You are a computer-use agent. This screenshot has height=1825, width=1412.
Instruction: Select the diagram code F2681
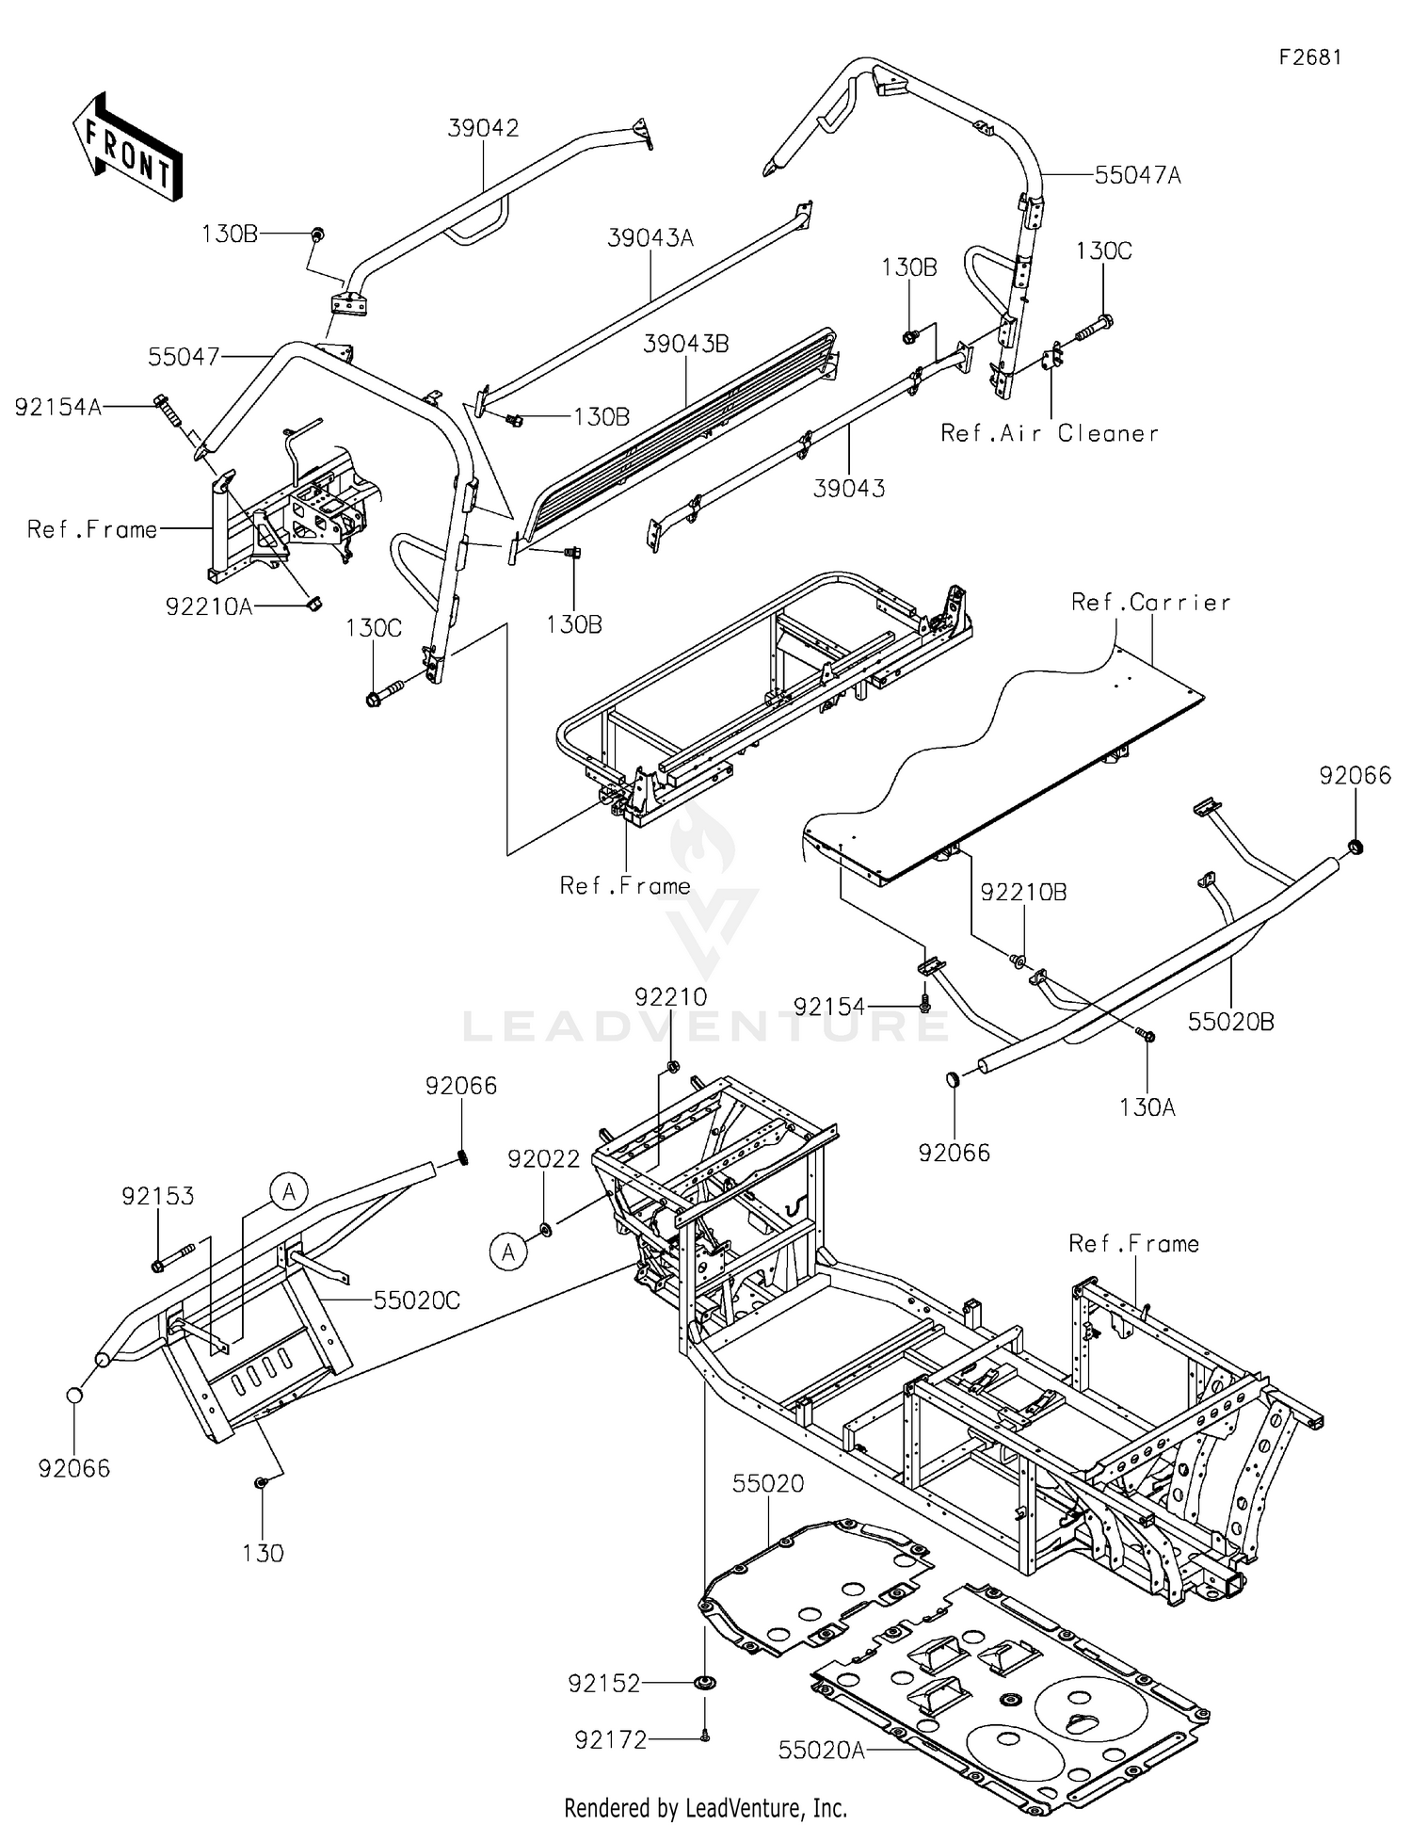tap(1309, 57)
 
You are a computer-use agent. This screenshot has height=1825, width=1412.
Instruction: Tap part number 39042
tap(483, 128)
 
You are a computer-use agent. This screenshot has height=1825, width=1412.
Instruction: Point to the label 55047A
tap(1137, 175)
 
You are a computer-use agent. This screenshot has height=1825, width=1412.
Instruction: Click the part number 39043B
tap(685, 344)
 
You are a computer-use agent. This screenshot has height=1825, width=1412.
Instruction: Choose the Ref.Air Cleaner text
tap(1050, 433)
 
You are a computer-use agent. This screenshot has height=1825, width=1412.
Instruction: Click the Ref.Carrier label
tap(1150, 602)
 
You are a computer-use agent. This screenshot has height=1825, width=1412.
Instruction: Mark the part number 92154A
tap(57, 407)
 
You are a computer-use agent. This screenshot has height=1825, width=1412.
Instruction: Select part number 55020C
tap(416, 1300)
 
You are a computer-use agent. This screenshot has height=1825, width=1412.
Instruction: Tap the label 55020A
tap(821, 1750)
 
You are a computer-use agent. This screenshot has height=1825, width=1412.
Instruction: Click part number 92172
tap(611, 1740)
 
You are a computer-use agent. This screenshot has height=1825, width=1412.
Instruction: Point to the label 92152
tap(603, 1683)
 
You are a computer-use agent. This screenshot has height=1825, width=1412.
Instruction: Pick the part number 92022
tap(543, 1159)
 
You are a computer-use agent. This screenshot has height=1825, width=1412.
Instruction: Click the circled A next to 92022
tap(508, 1252)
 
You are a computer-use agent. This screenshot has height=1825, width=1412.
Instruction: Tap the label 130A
tap(1147, 1107)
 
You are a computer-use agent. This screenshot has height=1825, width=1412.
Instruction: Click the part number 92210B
tap(1023, 892)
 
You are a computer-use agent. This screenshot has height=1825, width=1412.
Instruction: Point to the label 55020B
tap(1230, 1022)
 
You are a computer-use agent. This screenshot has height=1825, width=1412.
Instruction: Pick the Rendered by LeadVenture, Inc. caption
tap(705, 1807)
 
